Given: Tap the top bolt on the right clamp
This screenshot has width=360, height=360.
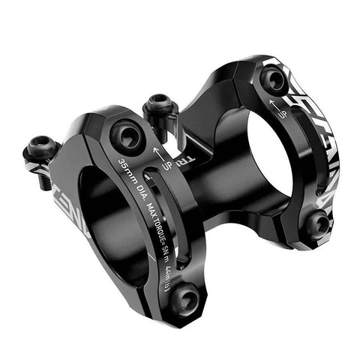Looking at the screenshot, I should coord(273,79).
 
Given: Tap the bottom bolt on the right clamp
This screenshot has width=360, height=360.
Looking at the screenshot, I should coord(318,222).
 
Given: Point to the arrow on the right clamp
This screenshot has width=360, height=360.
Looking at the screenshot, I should coord(279,103).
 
